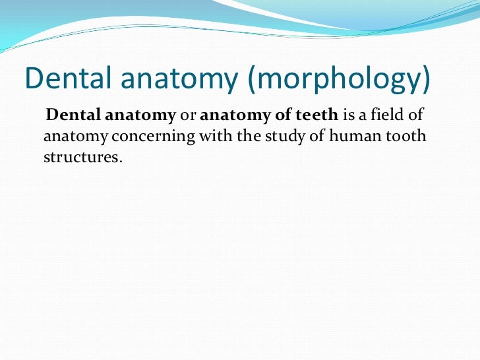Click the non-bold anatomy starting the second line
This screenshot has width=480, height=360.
71,137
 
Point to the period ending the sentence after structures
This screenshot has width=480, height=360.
121,161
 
